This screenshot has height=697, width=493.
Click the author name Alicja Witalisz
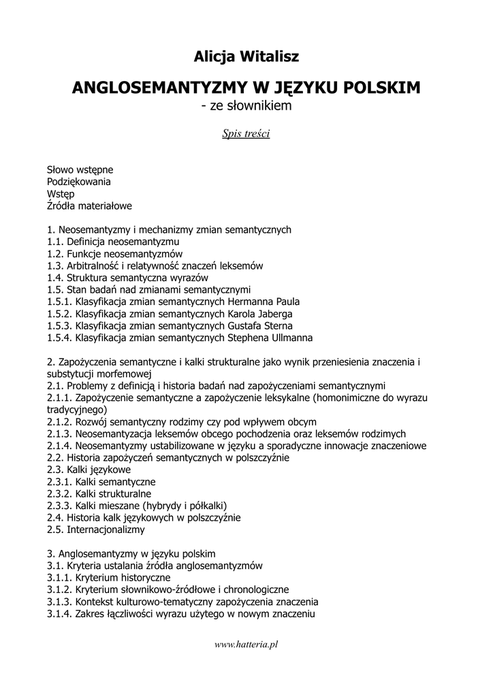click(246, 56)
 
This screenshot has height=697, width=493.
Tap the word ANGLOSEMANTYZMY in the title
click(156, 88)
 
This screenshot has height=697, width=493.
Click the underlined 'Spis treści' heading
click(246, 133)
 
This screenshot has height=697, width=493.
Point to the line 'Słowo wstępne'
click(80, 169)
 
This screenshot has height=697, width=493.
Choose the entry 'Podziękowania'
click(79, 181)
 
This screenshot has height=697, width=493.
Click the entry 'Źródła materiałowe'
click(89, 206)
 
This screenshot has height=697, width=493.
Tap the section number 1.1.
click(55, 242)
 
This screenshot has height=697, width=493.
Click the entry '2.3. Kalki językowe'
click(89, 469)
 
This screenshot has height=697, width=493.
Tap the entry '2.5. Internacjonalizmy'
click(96, 529)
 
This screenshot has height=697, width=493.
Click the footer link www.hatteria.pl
click(246, 644)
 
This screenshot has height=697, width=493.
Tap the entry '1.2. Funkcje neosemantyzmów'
click(110, 254)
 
